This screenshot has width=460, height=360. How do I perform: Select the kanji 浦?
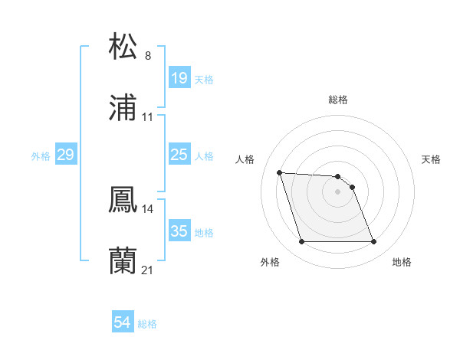coord(123,109)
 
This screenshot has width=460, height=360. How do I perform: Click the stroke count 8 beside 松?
coord(148,56)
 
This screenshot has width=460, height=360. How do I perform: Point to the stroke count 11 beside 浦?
coord(148,117)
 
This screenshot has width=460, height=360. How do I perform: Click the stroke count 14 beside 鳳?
coord(148,208)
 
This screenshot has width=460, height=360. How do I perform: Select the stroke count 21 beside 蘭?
coord(148,270)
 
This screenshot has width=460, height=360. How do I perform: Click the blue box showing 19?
coord(179,78)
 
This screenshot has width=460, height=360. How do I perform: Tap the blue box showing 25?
coord(179,155)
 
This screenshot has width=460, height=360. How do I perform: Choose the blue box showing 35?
coord(179,231)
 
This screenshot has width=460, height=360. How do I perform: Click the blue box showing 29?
coord(66,155)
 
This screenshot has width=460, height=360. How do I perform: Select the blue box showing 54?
coord(123,323)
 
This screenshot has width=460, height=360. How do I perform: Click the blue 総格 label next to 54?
coord(148,324)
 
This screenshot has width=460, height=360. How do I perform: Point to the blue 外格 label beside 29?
coord(41,155)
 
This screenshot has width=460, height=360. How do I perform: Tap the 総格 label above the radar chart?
coord(338,100)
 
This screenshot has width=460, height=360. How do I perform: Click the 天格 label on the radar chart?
coord(432,159)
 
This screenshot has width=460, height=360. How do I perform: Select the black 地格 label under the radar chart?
coord(402,263)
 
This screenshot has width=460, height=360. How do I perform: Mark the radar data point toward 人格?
coord(280,172)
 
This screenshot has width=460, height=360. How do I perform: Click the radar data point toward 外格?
coord(301,242)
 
